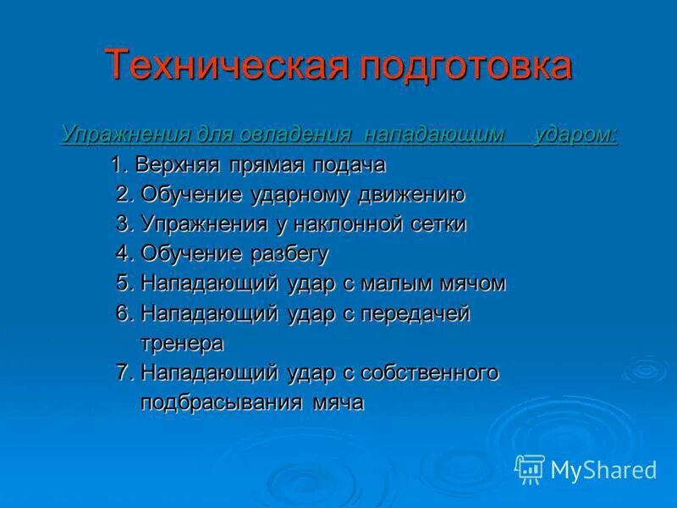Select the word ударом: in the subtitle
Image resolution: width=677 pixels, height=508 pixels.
[575, 135]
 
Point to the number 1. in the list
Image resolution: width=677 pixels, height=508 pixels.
[119, 164]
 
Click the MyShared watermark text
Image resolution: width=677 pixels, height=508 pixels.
[603, 469]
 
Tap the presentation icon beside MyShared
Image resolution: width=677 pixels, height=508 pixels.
[530, 469]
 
